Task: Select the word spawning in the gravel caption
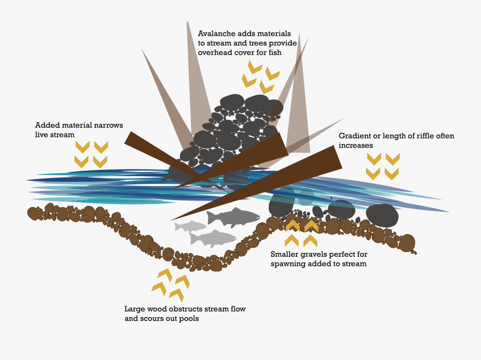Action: tap(288, 264)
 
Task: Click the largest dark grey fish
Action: tap(235, 217)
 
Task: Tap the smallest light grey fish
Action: tap(190, 226)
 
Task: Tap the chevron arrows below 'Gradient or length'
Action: tap(383, 166)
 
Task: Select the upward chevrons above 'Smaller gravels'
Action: tap(301, 232)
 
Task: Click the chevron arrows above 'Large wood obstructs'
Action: tap(170, 285)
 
